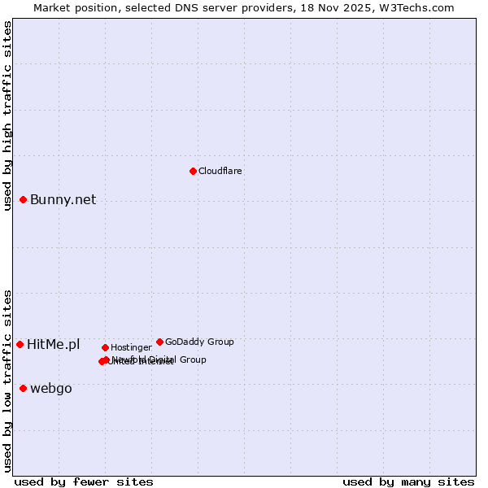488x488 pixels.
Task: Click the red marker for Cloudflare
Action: coord(193,171)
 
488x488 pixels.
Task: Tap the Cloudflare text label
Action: coord(220,171)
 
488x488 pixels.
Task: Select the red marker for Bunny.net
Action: coord(24,200)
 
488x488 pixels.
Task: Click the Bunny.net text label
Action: coord(63,200)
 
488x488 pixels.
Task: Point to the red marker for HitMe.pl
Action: coord(20,345)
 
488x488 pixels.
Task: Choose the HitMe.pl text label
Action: coord(54,345)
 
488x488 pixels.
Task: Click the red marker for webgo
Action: coord(24,389)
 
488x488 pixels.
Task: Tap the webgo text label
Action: coord(51,389)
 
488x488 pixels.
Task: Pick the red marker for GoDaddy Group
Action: coord(159,342)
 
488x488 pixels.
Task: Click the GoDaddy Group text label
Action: coord(199,342)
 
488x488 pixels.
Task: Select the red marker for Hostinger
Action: coord(105,348)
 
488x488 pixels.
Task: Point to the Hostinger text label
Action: coord(132,348)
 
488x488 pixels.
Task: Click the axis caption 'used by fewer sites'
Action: coord(84,481)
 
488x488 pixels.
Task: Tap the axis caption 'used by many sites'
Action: coord(408,481)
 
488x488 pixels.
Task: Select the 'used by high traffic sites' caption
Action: coord(8,115)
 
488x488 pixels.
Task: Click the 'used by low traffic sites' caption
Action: coord(8,381)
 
